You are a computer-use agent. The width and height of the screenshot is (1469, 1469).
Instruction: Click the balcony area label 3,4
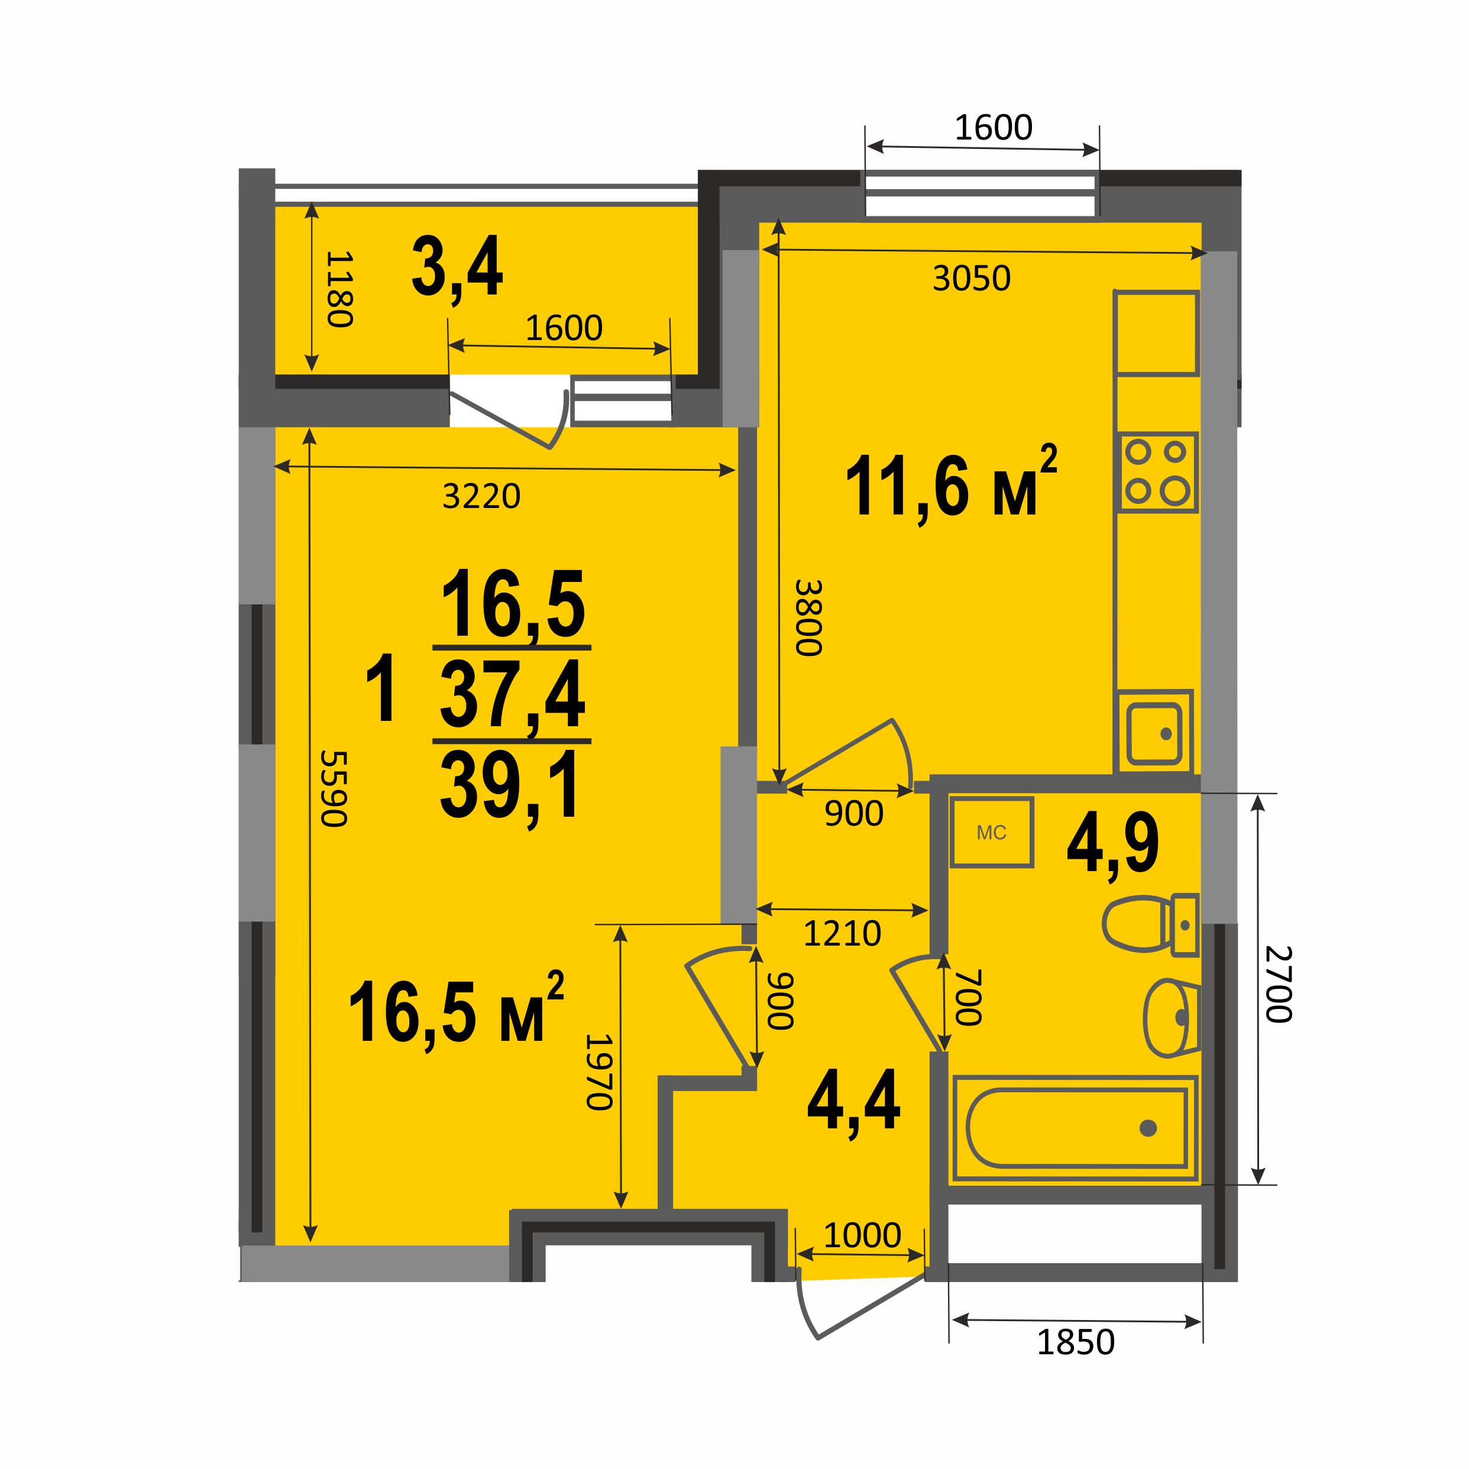(x=457, y=267)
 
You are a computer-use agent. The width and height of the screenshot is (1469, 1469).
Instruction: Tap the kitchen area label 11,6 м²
(x=951, y=485)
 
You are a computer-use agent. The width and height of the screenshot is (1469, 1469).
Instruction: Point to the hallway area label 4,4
(x=854, y=1100)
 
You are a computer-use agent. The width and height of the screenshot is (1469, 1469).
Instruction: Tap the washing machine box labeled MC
(x=992, y=832)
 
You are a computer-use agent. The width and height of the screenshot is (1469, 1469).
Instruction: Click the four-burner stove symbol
(x=1157, y=472)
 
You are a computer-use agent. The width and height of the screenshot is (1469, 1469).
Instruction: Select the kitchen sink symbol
(x=1153, y=733)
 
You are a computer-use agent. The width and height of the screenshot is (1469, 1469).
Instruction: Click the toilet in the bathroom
(x=1150, y=923)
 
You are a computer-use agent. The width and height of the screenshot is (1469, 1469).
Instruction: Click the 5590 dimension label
(x=334, y=788)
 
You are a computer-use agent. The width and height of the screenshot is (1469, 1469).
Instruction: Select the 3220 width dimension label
(x=481, y=497)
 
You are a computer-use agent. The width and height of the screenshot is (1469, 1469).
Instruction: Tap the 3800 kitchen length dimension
(x=809, y=617)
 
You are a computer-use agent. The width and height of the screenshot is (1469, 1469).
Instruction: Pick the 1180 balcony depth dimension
(x=339, y=289)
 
